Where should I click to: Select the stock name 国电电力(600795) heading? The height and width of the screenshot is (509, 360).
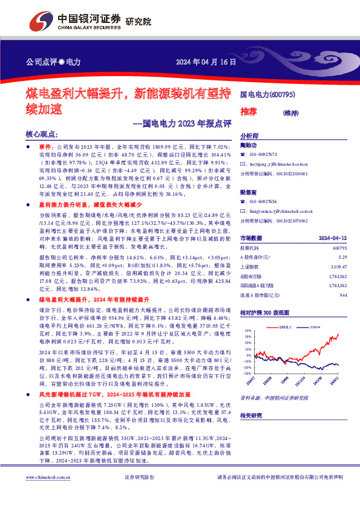267,95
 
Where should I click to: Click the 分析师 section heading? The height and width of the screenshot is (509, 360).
249,136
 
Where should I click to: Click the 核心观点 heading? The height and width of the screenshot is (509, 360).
41,135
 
